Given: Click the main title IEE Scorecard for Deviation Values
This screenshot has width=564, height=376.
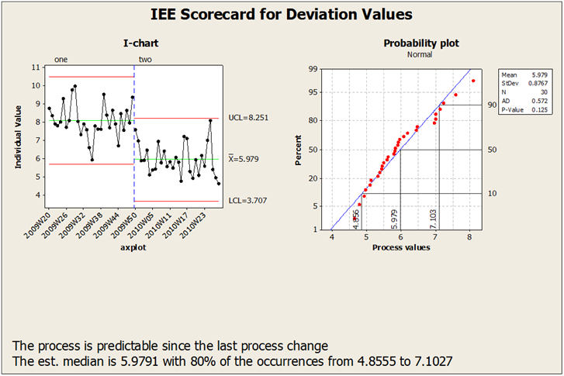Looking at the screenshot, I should [281, 14].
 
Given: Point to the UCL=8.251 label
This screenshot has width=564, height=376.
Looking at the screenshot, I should [249, 118].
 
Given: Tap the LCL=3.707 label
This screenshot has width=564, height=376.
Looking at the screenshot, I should [248, 201].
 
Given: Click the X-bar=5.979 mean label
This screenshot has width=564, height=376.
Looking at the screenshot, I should [248, 159].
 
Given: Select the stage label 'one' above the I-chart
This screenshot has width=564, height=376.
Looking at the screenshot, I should [60, 59].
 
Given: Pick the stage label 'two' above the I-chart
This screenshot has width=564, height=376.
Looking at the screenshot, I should [145, 59].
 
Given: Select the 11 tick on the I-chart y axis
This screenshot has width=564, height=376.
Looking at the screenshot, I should [36, 67].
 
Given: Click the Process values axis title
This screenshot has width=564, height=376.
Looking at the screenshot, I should [402, 247].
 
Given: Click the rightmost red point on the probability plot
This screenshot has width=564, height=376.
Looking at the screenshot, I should [472, 81].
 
